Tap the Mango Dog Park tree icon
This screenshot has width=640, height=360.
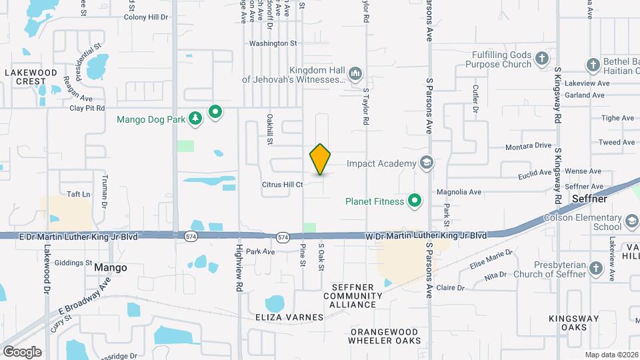pyautogui.click(x=195, y=119)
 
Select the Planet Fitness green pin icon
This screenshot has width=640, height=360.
pyautogui.click(x=415, y=201)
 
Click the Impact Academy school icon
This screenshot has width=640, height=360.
pyautogui.click(x=427, y=163)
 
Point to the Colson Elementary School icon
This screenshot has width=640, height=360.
pyautogui.click(x=631, y=221)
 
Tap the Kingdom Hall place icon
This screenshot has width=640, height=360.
pyautogui.click(x=355, y=72)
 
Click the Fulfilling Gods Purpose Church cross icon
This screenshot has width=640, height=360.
pyautogui.click(x=542, y=59)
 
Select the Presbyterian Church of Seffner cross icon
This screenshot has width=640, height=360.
pyautogui.click(x=597, y=269)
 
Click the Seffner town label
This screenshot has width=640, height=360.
pyautogui.click(x=588, y=199)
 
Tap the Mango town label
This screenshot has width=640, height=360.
pyautogui.click(x=110, y=267)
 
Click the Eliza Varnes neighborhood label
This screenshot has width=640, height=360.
pyautogui.click(x=289, y=317)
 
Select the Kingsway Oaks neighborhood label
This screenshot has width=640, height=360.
pyautogui.click(x=568, y=323)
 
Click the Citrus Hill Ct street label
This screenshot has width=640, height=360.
pyautogui.click(x=281, y=184)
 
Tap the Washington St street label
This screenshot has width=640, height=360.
pyautogui.click(x=273, y=43)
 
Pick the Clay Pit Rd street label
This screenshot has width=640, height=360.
pyautogui.click(x=87, y=107)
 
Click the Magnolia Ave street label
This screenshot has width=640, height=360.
pyautogui.click(x=459, y=192)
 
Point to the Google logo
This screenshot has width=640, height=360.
pyautogui.click(x=22, y=352)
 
